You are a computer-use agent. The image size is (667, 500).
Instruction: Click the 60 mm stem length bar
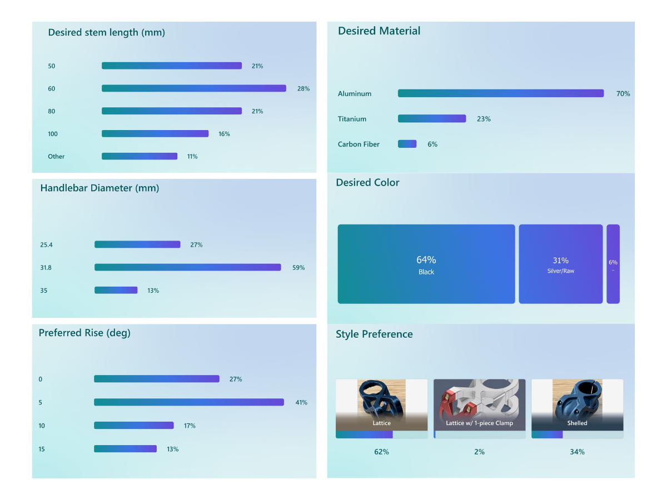[x=193, y=88]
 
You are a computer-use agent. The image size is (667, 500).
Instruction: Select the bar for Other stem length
[x=140, y=156]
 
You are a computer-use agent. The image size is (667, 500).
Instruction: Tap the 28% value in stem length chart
[x=303, y=89]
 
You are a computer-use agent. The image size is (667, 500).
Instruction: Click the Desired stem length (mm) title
[x=106, y=32]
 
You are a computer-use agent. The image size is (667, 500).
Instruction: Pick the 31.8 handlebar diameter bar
[x=187, y=267]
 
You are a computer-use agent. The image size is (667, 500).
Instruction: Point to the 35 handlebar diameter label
[x=43, y=290]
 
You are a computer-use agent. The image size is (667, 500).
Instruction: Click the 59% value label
[x=298, y=268]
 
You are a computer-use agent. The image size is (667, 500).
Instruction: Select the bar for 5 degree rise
[x=188, y=402]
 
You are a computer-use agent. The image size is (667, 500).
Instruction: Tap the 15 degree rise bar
[x=125, y=449]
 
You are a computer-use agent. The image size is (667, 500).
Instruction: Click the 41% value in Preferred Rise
[x=301, y=402]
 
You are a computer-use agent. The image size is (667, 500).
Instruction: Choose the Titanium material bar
[x=431, y=118]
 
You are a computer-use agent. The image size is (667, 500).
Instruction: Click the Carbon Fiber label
[x=359, y=144]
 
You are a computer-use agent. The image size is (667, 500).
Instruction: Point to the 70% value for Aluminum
[x=623, y=94]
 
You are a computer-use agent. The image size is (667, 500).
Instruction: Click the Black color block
[x=426, y=264]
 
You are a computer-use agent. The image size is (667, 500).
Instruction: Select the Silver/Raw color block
[x=560, y=264]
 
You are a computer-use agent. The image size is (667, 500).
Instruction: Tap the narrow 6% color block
[x=613, y=264]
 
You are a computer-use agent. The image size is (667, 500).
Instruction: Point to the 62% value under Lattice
[x=381, y=452]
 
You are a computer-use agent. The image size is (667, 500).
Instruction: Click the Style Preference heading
[x=374, y=334]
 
